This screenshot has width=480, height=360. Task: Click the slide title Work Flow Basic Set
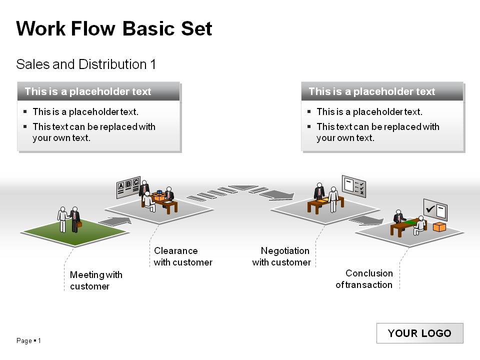tap(114, 28)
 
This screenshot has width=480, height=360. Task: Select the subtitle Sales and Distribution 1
tap(86, 64)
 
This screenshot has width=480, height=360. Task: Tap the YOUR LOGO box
tap(419, 333)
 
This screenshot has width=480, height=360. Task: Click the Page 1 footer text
tap(28, 341)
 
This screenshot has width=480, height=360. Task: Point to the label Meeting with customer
tap(95, 280)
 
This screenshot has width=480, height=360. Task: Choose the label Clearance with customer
tap(182, 256)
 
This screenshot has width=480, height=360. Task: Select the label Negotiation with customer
tap(281, 256)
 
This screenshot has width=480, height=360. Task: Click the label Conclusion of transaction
tap(364, 279)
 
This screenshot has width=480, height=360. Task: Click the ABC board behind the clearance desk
tap(128, 186)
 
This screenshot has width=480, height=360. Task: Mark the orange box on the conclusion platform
tap(439, 227)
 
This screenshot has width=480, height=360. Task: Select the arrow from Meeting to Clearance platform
tap(115, 220)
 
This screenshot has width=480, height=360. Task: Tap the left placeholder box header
tap(98, 91)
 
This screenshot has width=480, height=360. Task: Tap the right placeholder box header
tap(382, 91)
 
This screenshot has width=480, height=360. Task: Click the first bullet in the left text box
tap(85, 112)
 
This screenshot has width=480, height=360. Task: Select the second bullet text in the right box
tap(377, 132)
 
